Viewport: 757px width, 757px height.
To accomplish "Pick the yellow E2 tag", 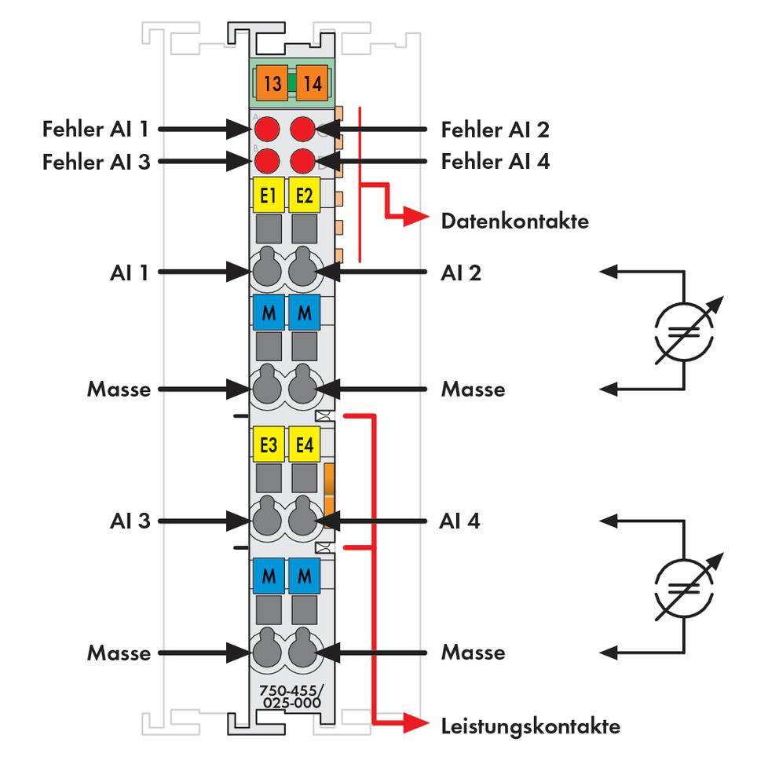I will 304,196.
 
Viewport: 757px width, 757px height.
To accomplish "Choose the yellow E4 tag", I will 304,445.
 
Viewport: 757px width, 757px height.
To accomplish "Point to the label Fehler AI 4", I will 495,162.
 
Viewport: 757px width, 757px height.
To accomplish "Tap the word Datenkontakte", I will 514,221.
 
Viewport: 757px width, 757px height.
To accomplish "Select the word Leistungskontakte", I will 530,726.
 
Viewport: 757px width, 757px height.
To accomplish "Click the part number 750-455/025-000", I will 290,697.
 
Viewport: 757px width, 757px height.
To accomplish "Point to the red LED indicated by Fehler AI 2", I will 303,128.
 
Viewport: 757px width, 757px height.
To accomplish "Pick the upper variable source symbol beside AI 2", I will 683,328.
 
